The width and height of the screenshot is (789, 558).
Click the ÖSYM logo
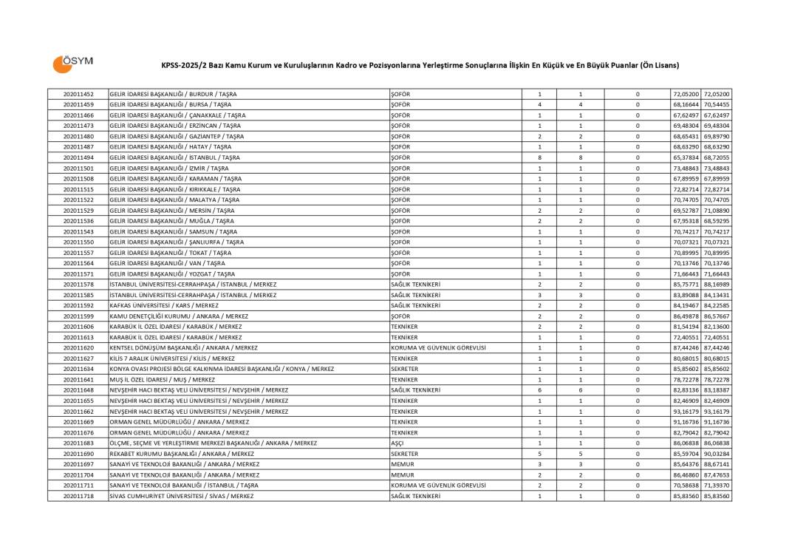pyautogui.click(x=72, y=63)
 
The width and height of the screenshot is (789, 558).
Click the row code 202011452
pyautogui.click(x=78, y=94)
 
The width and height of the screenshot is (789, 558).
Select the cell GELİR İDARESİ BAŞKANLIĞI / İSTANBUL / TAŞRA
pyautogui.click(x=174, y=157)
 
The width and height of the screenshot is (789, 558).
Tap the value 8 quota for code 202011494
pyautogui.click(x=539, y=157)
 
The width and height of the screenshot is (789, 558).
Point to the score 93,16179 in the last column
pyautogui.click(x=717, y=411)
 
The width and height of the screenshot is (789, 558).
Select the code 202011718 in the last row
pyautogui.click(x=78, y=496)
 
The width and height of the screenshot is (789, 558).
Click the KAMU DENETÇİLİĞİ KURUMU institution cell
pyautogui.click(x=179, y=316)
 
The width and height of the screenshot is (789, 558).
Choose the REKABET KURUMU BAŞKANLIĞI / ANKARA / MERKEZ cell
pyautogui.click(x=182, y=454)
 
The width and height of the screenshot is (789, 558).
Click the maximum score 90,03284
pyautogui.click(x=717, y=454)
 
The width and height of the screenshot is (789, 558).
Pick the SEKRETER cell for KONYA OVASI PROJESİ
pyautogui.click(x=404, y=369)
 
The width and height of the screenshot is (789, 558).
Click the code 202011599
pyautogui.click(x=78, y=316)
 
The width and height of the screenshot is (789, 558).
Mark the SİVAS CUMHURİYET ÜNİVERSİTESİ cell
pyautogui.click(x=181, y=496)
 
